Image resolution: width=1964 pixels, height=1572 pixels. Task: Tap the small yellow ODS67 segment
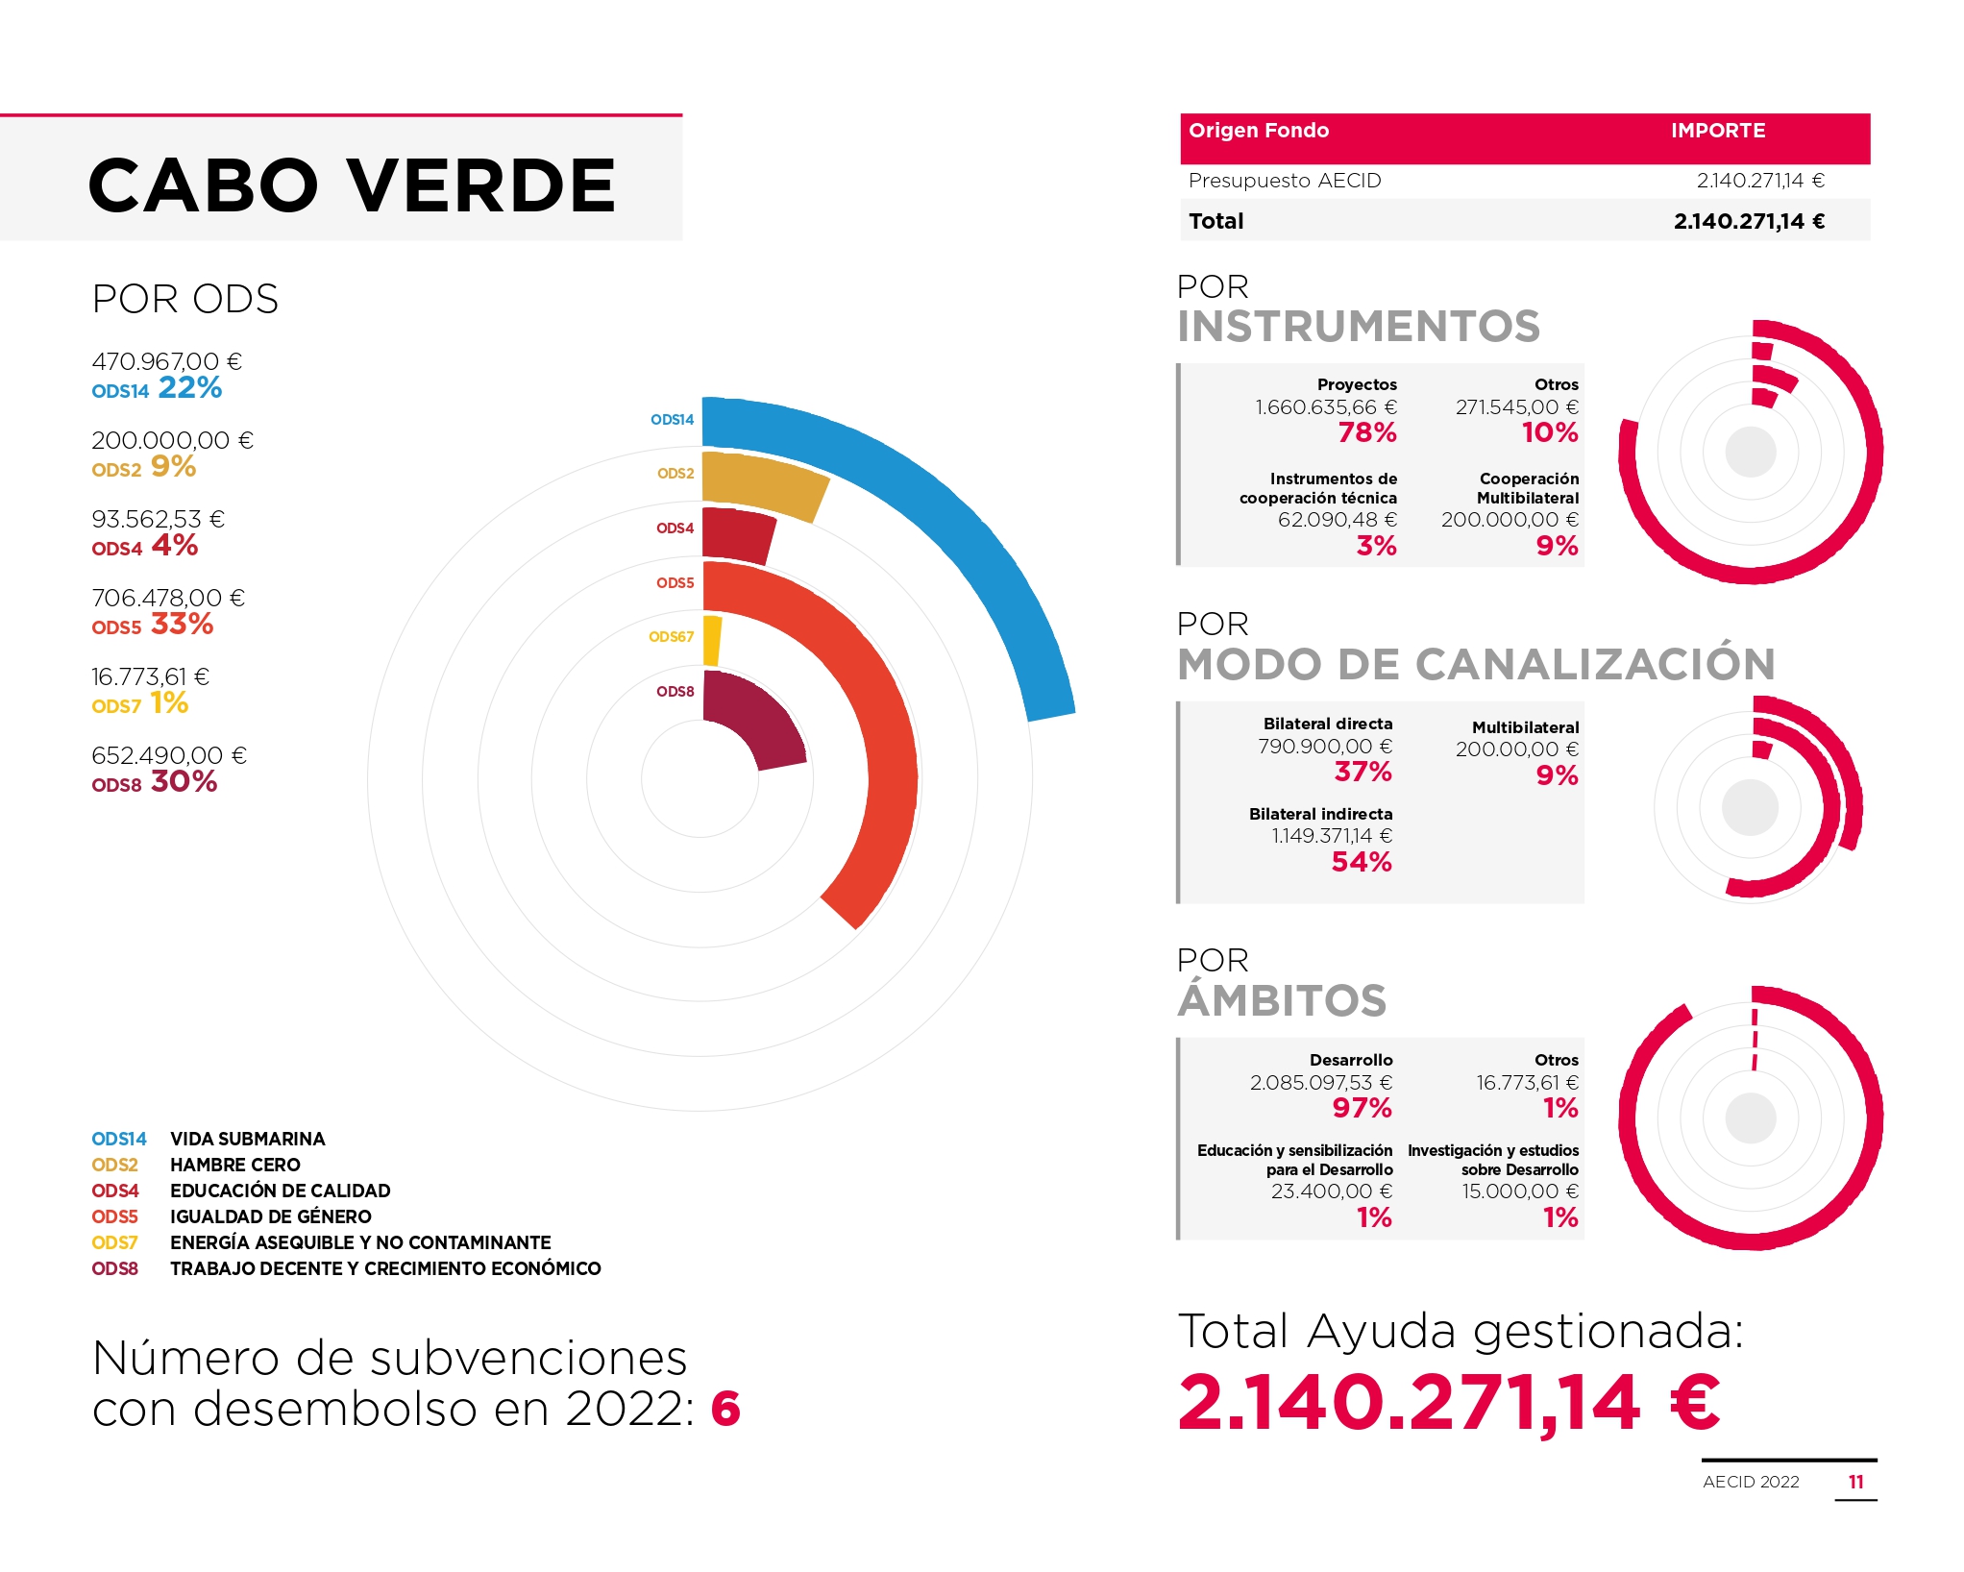(712, 641)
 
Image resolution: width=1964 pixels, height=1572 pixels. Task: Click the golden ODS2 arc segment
(764, 483)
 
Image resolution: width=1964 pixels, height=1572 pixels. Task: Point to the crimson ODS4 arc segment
(738, 535)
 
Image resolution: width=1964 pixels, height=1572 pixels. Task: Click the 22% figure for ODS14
(190, 388)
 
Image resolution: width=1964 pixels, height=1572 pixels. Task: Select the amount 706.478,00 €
(168, 598)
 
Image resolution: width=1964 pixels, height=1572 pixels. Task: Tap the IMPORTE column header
(1718, 131)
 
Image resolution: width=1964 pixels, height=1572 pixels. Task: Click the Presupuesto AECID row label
(1285, 181)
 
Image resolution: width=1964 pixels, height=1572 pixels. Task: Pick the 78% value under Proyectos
(1367, 432)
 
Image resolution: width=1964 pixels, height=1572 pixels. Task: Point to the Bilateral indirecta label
(1320, 814)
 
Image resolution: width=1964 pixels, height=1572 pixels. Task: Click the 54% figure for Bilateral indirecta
(1362, 862)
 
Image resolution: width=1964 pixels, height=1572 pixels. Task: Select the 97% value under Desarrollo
(1362, 1108)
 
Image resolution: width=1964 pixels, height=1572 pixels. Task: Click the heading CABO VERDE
(352, 185)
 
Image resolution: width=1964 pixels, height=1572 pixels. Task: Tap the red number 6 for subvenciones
(725, 1410)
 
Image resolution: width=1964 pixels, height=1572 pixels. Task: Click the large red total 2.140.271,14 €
(1449, 1403)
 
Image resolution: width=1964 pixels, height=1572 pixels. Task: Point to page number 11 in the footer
(1856, 1482)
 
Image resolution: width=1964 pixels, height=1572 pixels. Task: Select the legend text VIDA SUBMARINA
(248, 1139)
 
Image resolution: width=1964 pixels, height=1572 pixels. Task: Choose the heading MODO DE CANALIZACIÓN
(1476, 664)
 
